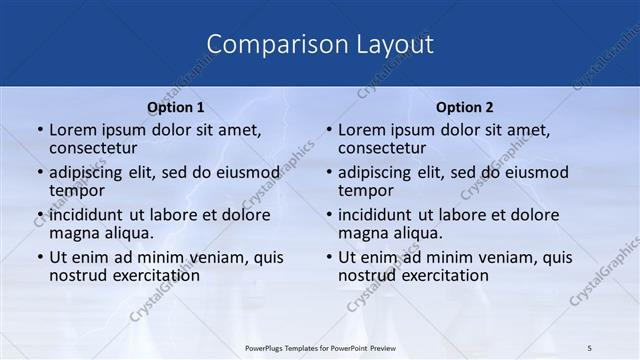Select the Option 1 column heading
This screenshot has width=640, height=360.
click(176, 107)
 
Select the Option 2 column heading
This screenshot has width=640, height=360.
click(465, 107)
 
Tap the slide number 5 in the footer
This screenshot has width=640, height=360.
click(590, 347)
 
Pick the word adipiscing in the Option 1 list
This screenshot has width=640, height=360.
click(90, 172)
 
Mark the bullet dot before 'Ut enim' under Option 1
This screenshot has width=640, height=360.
click(40, 258)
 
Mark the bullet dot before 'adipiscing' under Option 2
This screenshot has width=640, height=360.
click(329, 173)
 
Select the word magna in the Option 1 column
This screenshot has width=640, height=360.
click(73, 233)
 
